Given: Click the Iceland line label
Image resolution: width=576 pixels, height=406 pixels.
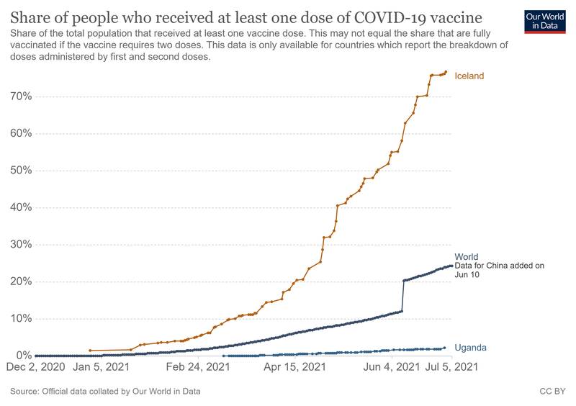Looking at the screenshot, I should tap(469, 76).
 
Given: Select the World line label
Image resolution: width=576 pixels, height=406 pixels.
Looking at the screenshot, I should tap(466, 257).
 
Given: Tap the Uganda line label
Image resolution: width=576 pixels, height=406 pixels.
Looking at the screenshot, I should tap(470, 348).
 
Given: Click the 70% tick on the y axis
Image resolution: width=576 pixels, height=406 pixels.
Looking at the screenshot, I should tap(20, 96).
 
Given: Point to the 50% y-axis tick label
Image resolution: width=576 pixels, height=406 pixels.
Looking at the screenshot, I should tap(20, 171).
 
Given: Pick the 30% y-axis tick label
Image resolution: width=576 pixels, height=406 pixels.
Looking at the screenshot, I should tap(20, 245).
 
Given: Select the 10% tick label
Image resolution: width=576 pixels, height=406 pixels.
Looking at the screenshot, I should tap(20, 319).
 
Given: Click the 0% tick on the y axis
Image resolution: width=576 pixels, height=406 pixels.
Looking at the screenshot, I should tap(23, 356).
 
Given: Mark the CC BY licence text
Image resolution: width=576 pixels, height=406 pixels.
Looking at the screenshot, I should tap(552, 392).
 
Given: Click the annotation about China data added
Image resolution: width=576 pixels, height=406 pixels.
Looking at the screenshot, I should tap(500, 270).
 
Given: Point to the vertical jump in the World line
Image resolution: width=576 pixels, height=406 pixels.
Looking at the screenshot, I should tap(402, 296).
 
